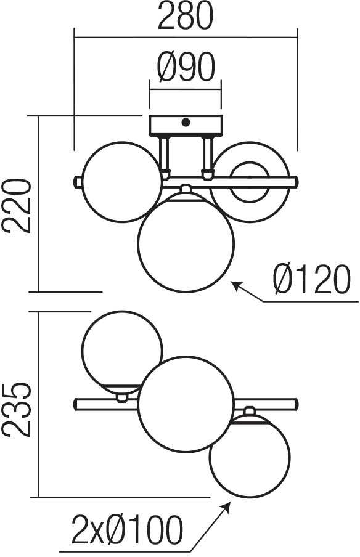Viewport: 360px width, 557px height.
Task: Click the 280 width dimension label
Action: (186, 16)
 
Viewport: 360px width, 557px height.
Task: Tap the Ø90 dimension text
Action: (186, 67)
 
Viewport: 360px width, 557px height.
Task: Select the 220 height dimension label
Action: (17, 206)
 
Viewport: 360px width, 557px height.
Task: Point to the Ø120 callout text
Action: (312, 280)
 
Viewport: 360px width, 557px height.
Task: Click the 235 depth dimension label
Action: (17, 409)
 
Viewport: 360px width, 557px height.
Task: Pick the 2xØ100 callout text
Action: (127, 531)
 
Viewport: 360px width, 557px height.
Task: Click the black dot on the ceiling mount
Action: (185, 122)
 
